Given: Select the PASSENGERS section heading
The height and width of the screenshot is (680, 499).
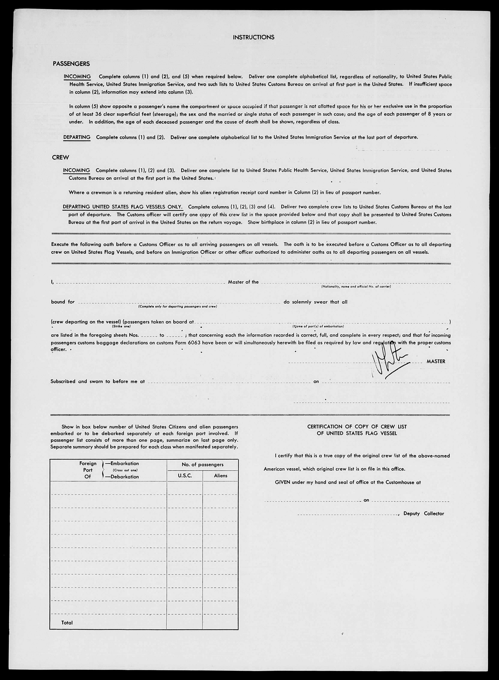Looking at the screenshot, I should [71, 64].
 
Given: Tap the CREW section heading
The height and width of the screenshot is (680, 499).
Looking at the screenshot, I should [60, 158].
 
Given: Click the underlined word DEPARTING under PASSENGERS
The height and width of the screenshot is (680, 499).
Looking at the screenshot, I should [77, 137].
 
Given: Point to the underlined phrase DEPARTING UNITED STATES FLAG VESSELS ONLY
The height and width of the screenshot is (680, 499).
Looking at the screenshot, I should [123, 207].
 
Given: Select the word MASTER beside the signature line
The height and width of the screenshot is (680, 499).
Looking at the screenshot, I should [436, 361].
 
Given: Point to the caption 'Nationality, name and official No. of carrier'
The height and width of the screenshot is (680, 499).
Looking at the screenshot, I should [356, 286].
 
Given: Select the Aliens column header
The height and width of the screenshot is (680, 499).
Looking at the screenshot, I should [220, 476].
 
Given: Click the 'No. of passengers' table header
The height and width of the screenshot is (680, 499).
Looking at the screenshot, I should [202, 464].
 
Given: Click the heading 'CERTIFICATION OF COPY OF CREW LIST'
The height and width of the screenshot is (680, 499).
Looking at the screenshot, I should [357, 427].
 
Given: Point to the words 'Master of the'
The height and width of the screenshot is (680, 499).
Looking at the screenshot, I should [243, 282].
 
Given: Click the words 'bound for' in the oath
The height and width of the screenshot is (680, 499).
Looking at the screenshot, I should [63, 302].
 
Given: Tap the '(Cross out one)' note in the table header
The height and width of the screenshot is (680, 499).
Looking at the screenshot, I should [125, 470].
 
